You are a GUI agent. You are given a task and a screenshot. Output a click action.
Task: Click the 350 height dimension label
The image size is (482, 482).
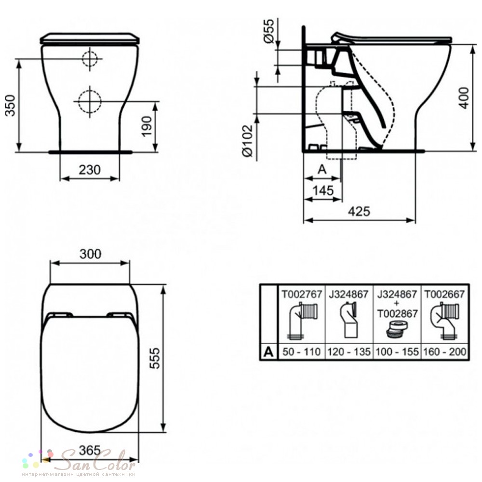(x=11, y=106)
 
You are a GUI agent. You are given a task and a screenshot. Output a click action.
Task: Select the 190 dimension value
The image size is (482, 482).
(x=147, y=126)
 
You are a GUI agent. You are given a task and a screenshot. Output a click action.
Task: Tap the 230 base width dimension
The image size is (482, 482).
(x=90, y=170)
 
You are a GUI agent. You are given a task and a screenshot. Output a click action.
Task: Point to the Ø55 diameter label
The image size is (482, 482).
(x=268, y=31)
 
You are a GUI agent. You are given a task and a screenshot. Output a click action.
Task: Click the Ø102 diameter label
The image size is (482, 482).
(x=247, y=140)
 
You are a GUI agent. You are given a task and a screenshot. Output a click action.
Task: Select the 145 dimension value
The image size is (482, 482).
(x=323, y=190)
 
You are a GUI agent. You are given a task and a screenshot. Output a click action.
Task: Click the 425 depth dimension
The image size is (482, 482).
(x=359, y=211)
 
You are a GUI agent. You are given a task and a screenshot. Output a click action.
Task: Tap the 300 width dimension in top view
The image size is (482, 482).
(x=90, y=254)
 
